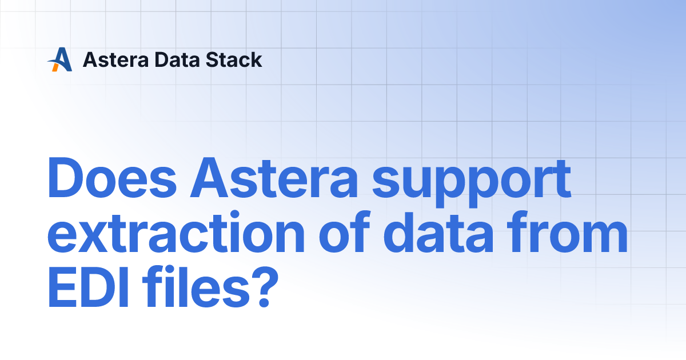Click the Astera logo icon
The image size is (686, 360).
[59, 59]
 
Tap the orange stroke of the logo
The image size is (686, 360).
[55, 67]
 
